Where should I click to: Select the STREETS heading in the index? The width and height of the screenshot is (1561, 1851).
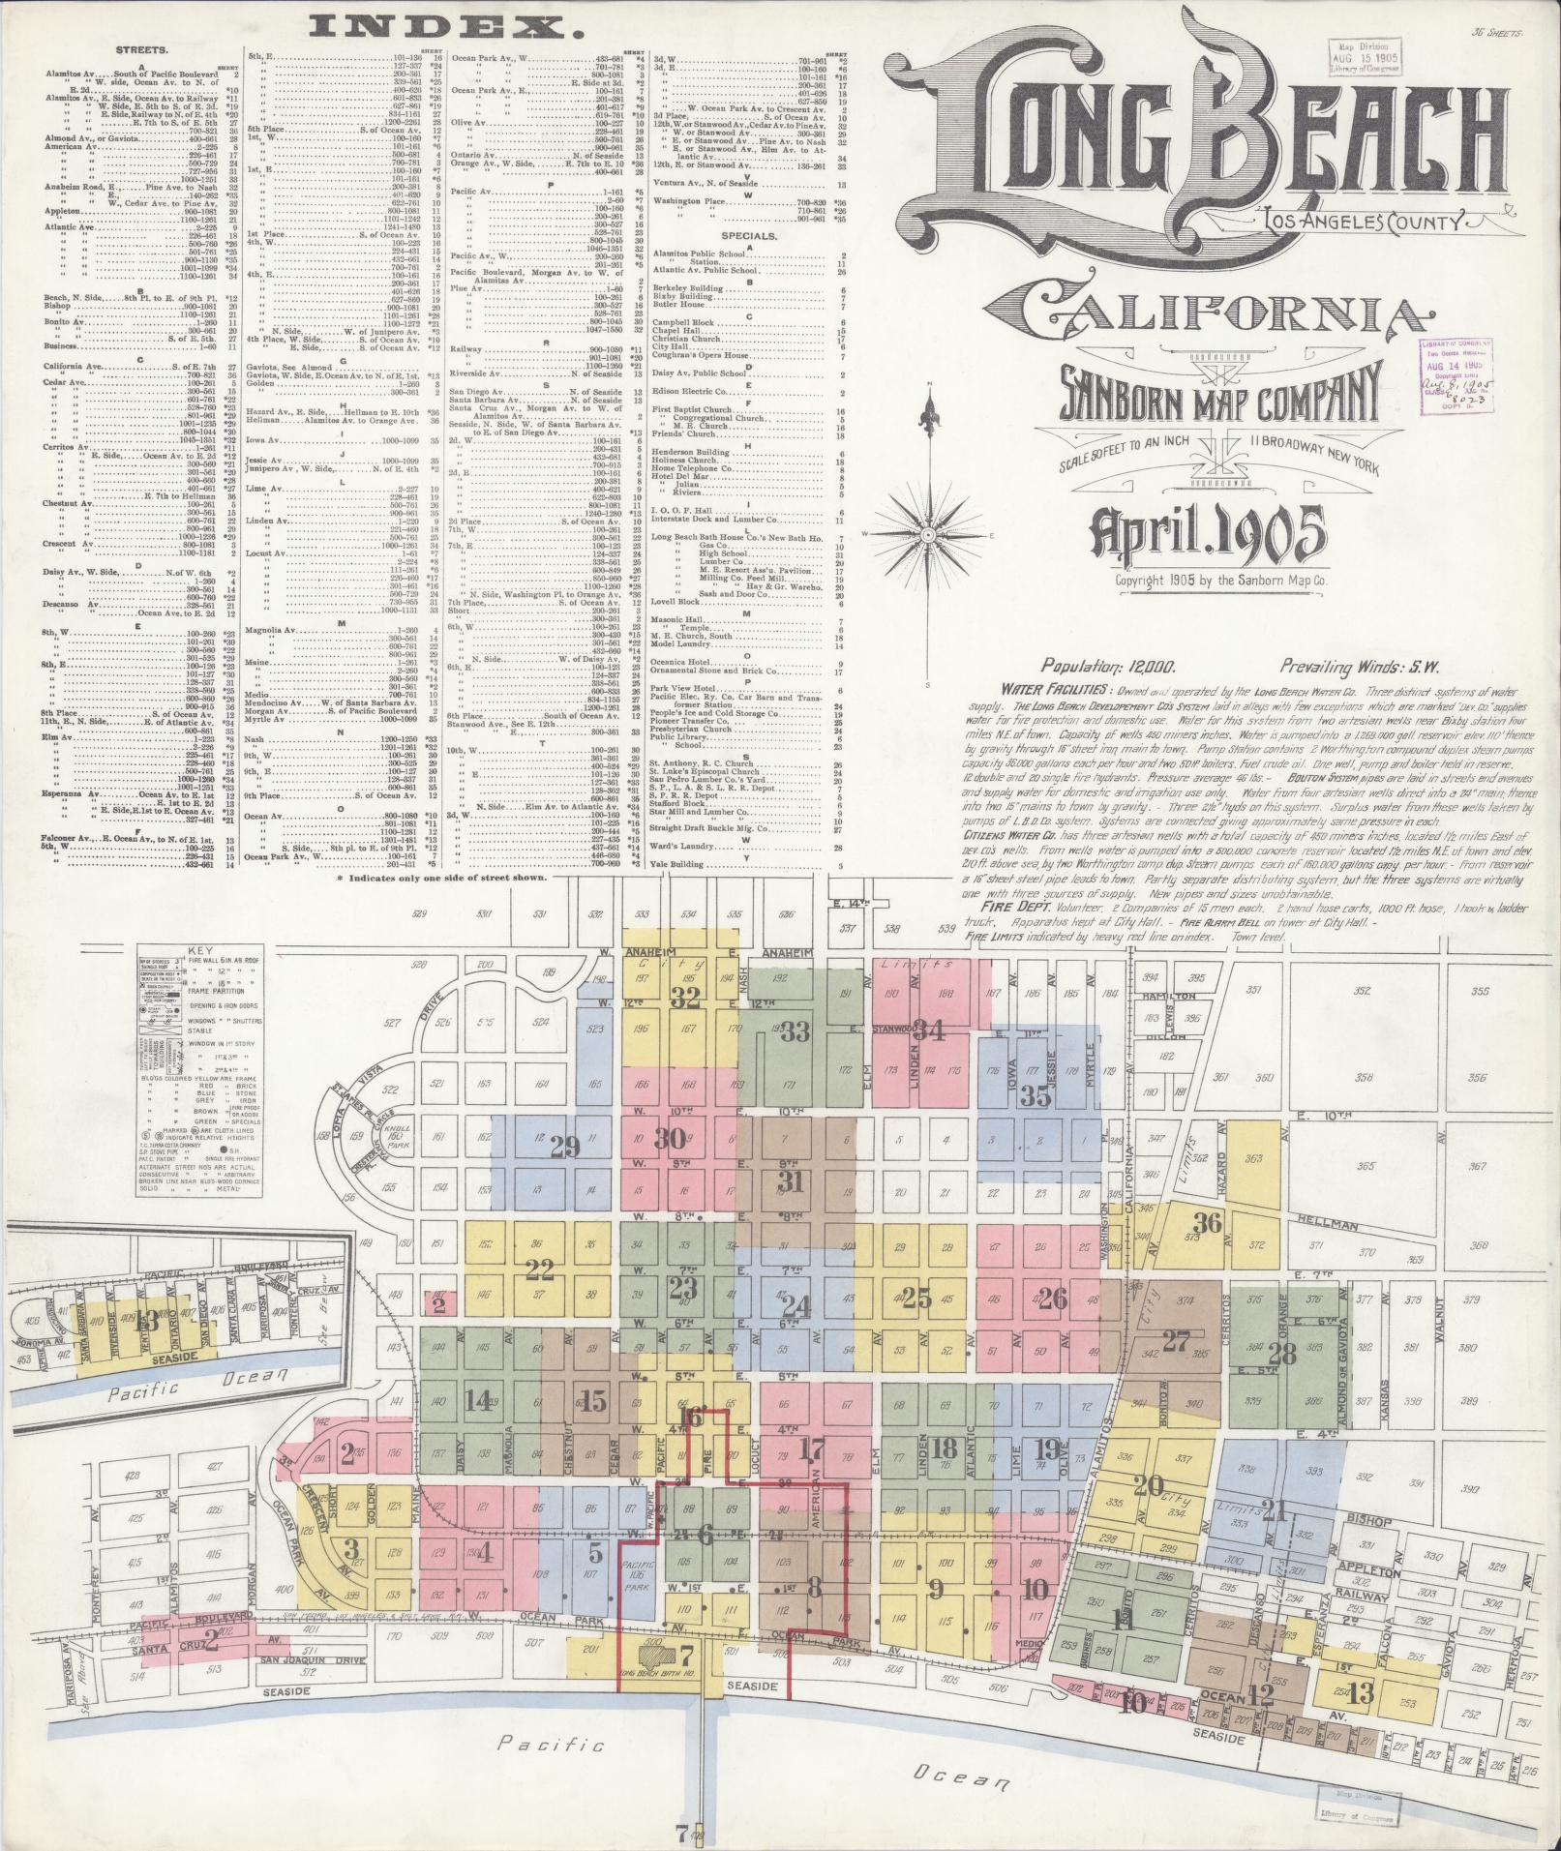click(140, 47)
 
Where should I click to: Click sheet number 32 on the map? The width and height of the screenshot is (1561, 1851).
click(689, 999)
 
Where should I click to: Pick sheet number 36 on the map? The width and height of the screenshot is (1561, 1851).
click(1207, 1220)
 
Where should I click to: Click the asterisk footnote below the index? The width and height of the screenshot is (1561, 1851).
click(440, 878)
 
